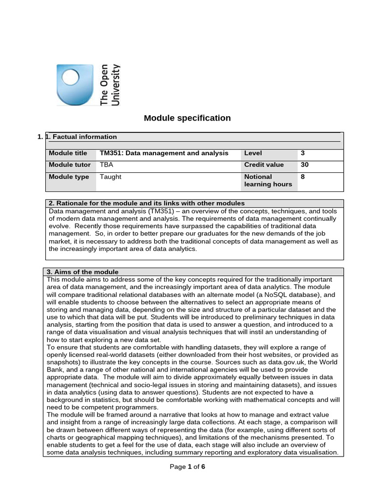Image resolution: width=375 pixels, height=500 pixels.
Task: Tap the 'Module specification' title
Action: pos(187,118)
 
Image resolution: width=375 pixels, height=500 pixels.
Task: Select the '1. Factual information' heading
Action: pos(81,137)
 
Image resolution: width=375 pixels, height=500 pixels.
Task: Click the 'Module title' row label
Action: pos(68,153)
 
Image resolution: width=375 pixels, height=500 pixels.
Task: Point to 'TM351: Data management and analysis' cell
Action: pos(164,153)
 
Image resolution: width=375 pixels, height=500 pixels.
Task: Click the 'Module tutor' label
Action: pos(70,165)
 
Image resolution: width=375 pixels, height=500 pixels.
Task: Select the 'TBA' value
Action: pos(106,165)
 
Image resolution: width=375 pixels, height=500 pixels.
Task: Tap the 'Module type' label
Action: pos(69,177)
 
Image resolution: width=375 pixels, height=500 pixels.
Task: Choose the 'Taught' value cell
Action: pos(110,177)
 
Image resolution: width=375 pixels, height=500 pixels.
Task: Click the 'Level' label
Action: pos(252,153)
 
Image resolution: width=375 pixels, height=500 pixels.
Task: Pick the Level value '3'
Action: pos(303,153)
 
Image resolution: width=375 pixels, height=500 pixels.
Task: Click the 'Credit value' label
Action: pos(264,165)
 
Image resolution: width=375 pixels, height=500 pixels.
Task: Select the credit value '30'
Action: pos(305,165)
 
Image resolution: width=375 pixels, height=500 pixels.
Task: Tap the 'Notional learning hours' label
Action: pos(268,181)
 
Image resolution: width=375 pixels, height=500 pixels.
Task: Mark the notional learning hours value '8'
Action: pos(303,177)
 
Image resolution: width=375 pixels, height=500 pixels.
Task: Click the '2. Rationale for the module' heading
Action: pos(146,203)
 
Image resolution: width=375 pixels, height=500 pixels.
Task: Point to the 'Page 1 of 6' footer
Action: pos(187,467)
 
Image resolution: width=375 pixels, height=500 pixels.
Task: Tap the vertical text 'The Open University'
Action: pos(110,84)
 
